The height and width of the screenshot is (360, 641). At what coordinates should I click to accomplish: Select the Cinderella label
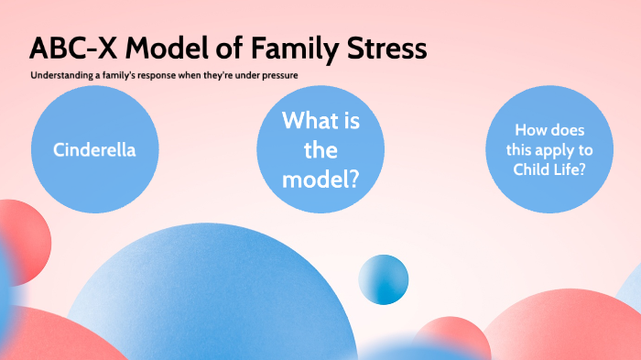coord(94,149)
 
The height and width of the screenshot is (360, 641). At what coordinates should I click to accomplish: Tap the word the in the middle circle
coord(320,150)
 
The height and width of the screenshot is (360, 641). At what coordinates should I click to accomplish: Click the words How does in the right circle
coord(549,130)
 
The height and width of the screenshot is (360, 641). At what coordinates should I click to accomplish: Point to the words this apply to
coord(549,151)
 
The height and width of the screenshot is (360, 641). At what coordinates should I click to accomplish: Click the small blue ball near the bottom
coord(383,279)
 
